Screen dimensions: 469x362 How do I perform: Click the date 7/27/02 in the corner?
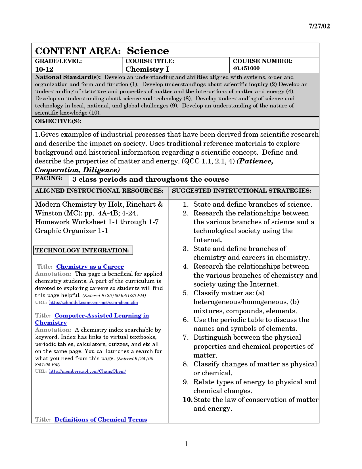319,26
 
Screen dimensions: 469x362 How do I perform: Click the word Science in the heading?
148,51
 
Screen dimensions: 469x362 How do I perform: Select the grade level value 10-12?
44,69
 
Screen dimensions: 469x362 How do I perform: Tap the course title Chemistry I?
147,69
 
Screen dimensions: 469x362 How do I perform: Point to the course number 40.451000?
246,68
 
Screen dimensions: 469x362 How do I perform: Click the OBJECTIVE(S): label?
58,121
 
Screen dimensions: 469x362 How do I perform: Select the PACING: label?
49,179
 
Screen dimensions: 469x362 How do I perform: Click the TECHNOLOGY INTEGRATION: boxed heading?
82,250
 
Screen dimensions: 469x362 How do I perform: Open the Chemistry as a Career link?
90,267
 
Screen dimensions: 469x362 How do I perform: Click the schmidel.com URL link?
93,302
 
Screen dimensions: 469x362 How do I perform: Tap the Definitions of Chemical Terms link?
101,420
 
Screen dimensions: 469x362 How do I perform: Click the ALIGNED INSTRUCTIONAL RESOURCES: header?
99,191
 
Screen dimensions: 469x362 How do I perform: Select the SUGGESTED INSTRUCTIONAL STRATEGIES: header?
241,191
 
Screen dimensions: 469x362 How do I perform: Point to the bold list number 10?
188,400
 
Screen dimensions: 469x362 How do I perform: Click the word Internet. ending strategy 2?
208,240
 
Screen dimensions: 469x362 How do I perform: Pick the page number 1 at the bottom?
186,444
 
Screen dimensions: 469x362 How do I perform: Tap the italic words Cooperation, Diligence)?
77,170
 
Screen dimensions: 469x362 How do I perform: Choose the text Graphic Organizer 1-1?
72,231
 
